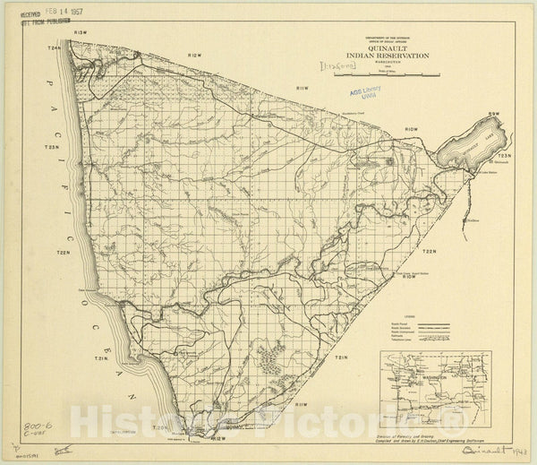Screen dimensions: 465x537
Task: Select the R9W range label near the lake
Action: [505, 115]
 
